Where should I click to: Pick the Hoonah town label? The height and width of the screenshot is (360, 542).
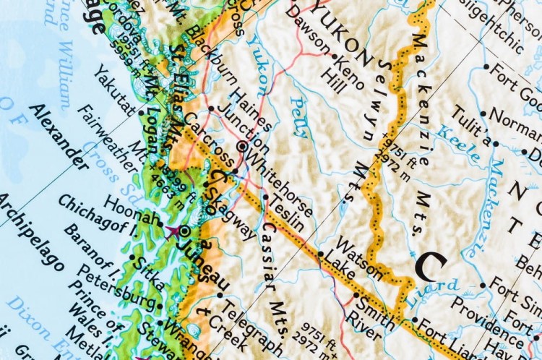(x=131, y=210)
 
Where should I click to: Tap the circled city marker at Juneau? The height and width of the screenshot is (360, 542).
(x=184, y=231)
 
